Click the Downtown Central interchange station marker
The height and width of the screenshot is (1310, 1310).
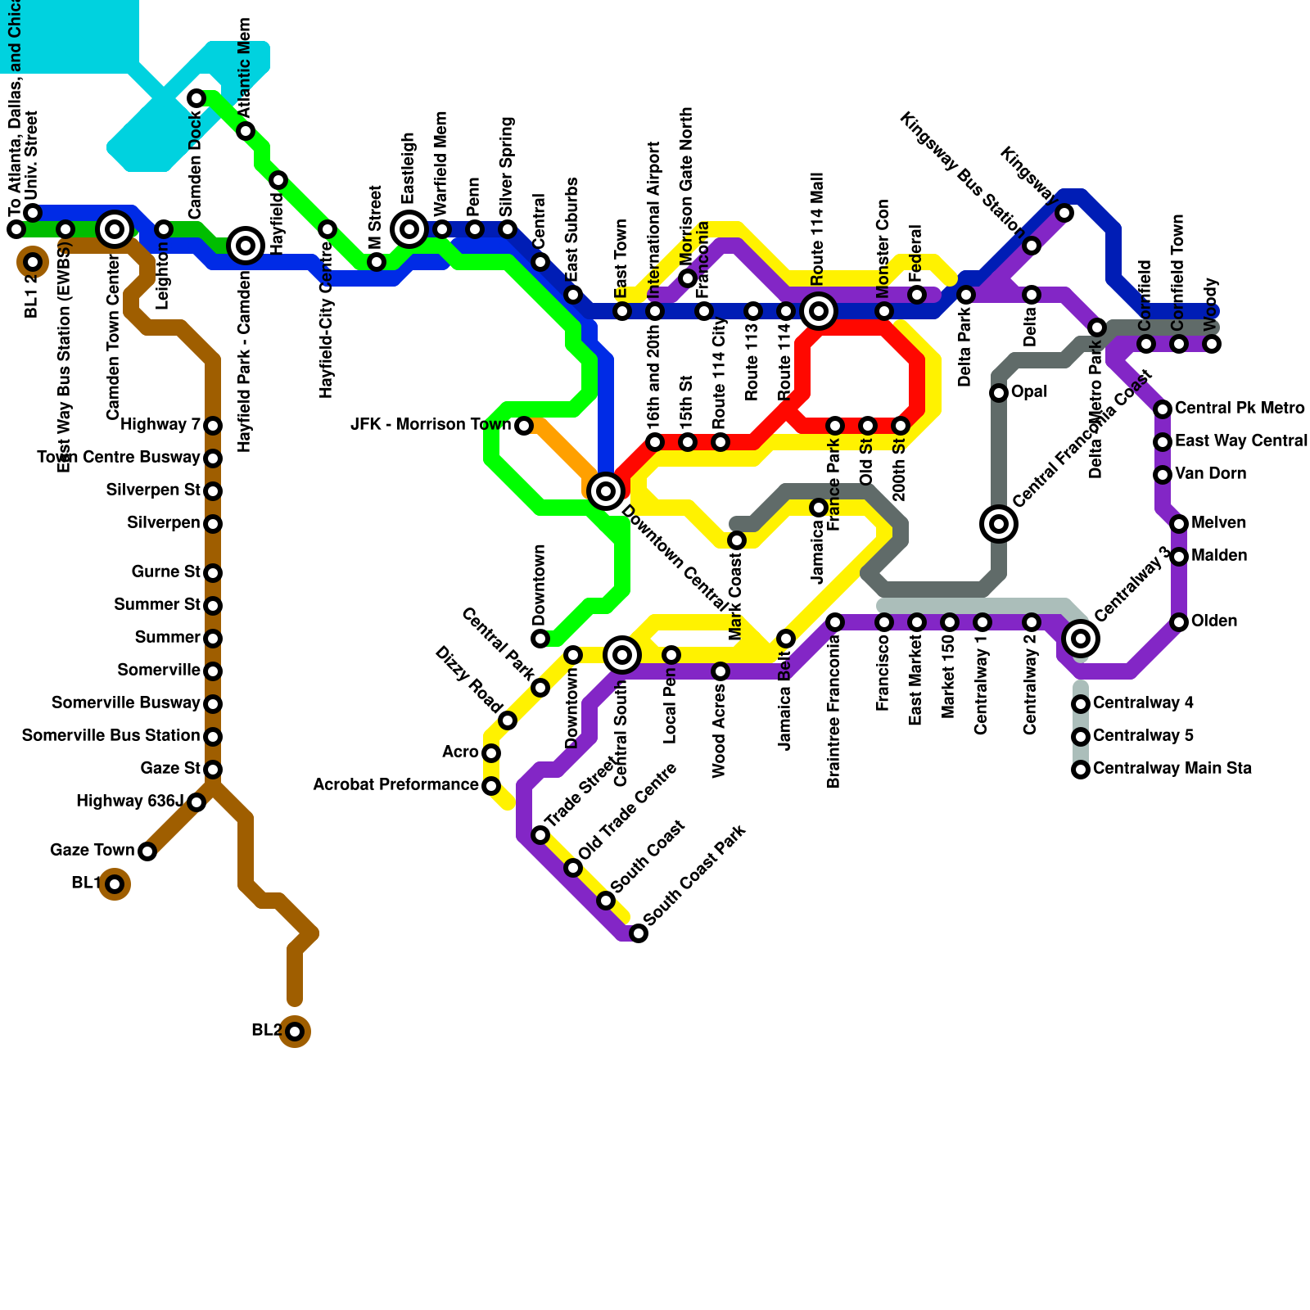(x=606, y=491)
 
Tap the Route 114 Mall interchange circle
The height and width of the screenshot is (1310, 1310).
(x=819, y=311)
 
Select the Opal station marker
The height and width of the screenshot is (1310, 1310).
(x=999, y=393)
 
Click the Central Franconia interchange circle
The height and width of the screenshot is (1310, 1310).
(x=999, y=524)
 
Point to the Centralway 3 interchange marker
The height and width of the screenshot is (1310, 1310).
(x=1081, y=639)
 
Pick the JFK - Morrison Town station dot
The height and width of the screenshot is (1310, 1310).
(x=524, y=426)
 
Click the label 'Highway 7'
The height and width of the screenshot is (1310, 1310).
(x=160, y=425)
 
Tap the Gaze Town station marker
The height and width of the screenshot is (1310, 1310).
(x=147, y=851)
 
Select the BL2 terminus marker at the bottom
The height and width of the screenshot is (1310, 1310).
(x=295, y=1032)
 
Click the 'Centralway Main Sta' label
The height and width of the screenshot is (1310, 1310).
(x=1172, y=769)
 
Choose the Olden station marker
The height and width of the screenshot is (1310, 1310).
(x=1179, y=622)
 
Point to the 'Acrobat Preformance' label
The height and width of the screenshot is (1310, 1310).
(x=395, y=785)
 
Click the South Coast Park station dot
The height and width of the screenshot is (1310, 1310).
(x=639, y=933)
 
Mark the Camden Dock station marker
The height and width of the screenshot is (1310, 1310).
(x=196, y=99)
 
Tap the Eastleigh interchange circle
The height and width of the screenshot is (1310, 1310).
(x=409, y=229)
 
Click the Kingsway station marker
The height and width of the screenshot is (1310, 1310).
(x=1064, y=213)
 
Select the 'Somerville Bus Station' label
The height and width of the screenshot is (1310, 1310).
(x=111, y=736)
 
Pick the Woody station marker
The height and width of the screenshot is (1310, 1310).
(x=1212, y=344)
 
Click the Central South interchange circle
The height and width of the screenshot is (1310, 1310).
(x=622, y=655)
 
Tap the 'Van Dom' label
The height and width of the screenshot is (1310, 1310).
(x=1210, y=474)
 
